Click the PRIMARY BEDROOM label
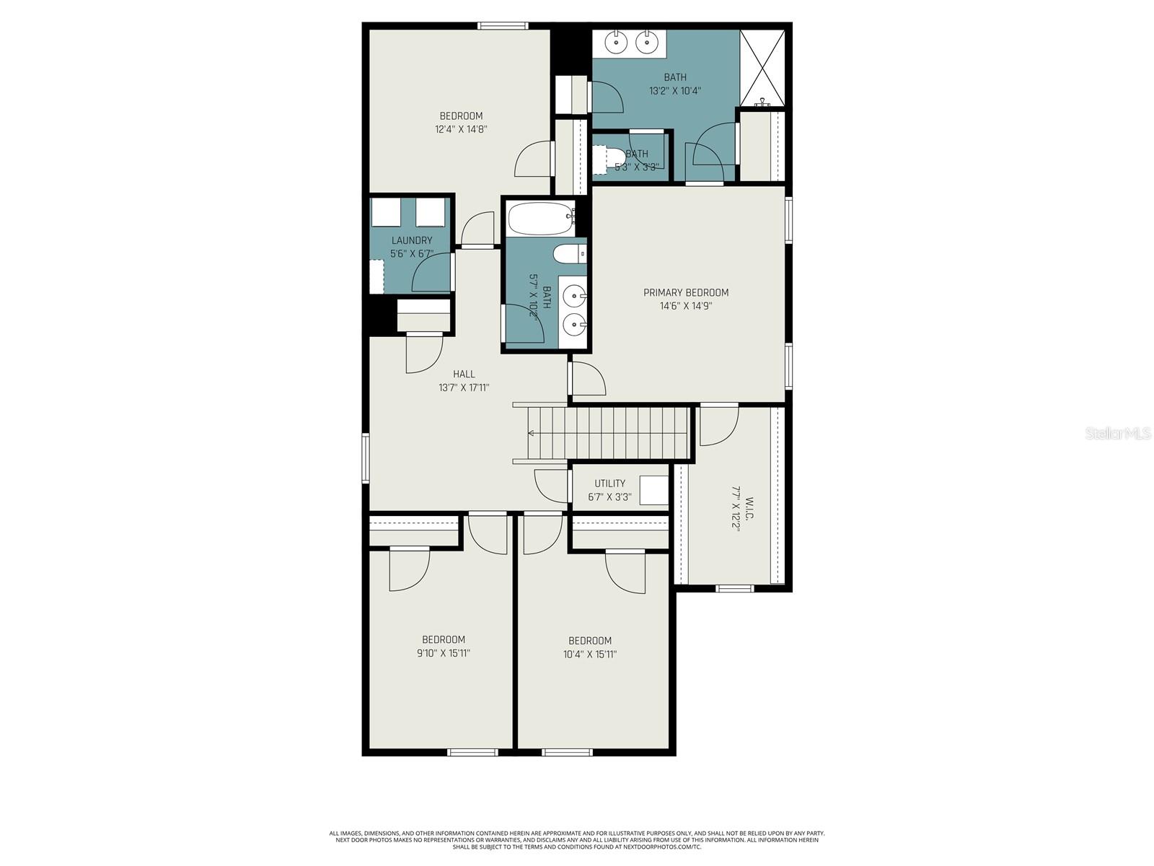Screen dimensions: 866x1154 point(685,292)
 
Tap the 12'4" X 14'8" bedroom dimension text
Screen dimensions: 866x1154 point(461,130)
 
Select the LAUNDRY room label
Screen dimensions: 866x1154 point(412,240)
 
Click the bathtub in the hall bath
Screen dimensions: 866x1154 point(540,219)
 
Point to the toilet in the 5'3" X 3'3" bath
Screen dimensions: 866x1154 point(610,157)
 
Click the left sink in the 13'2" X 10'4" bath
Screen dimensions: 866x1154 point(616,43)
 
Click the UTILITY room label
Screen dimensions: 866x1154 point(609,484)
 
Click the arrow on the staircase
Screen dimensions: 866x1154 point(532,433)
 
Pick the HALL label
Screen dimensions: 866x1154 point(464,374)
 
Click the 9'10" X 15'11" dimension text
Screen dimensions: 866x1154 point(444,653)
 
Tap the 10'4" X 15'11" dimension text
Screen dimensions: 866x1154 point(590,655)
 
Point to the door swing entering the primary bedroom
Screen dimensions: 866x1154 point(587,378)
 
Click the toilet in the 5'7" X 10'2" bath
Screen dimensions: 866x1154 point(570,254)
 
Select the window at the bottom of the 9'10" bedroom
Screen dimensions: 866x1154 point(472,753)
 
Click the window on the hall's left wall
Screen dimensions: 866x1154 point(366,457)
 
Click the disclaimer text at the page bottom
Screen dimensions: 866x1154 point(577,840)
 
